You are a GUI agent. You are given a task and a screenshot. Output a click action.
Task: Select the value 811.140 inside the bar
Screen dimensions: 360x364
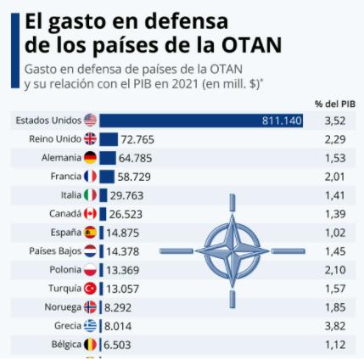(282, 121)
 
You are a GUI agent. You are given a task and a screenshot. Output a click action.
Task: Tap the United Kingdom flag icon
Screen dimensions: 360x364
(90, 139)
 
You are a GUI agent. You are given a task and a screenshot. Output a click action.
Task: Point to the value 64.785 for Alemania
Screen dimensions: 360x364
(137, 158)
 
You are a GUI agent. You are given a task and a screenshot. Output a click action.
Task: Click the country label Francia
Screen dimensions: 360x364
(64, 177)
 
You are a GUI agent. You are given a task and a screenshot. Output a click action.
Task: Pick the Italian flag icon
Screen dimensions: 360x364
(90, 195)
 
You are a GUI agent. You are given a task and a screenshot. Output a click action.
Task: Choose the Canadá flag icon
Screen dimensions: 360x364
(90, 214)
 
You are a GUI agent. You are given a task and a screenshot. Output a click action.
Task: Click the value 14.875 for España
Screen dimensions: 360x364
(123, 233)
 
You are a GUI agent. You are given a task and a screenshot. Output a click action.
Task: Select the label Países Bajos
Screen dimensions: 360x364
(53, 251)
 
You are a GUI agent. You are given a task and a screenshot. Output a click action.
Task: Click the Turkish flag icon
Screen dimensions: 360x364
(90, 289)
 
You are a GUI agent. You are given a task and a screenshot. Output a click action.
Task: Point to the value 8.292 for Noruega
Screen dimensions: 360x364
(120, 307)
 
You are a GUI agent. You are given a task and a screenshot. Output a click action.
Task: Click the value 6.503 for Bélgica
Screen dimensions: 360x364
(120, 345)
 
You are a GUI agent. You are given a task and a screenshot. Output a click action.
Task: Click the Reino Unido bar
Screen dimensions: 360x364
(108, 139)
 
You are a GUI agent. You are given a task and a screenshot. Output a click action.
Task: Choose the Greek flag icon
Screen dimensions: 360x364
(90, 326)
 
